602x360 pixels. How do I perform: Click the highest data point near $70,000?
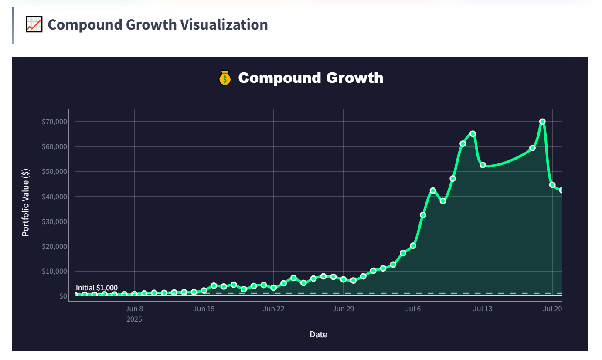point(542,122)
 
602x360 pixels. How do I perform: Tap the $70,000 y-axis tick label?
point(54,122)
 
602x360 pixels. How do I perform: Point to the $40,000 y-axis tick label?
point(54,197)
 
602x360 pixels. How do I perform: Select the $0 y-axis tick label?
point(63,296)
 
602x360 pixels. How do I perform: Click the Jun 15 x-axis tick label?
point(204,309)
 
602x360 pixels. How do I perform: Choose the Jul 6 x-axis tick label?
point(413,309)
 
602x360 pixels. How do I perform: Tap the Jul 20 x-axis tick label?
point(552,309)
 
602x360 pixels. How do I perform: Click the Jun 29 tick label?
point(343,309)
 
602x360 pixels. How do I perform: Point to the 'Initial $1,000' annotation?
point(97,288)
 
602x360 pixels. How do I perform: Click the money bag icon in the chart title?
point(224,78)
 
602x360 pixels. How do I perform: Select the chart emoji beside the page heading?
point(34,24)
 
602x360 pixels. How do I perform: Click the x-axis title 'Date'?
point(318,335)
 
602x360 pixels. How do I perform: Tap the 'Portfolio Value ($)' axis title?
point(26,203)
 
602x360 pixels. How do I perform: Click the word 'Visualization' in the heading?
point(224,24)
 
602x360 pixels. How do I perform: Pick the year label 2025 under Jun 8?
point(134,319)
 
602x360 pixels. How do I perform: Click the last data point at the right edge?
point(561,190)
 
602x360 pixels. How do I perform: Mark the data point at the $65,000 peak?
point(473,133)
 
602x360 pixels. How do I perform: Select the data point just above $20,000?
point(413,245)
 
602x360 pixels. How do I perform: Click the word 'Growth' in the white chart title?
point(354,78)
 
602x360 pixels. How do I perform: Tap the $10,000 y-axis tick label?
point(54,272)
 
